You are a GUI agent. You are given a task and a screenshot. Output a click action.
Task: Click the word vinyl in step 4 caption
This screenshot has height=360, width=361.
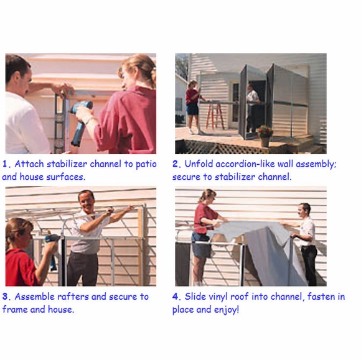(218, 297)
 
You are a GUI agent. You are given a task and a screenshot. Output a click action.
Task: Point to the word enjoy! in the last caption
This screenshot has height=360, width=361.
(227, 310)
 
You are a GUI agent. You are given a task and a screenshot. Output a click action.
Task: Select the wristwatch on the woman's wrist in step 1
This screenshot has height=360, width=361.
(88, 119)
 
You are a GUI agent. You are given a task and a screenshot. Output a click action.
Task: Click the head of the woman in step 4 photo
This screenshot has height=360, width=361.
(208, 196)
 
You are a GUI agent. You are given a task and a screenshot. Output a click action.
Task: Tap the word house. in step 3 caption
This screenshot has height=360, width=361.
(61, 310)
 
